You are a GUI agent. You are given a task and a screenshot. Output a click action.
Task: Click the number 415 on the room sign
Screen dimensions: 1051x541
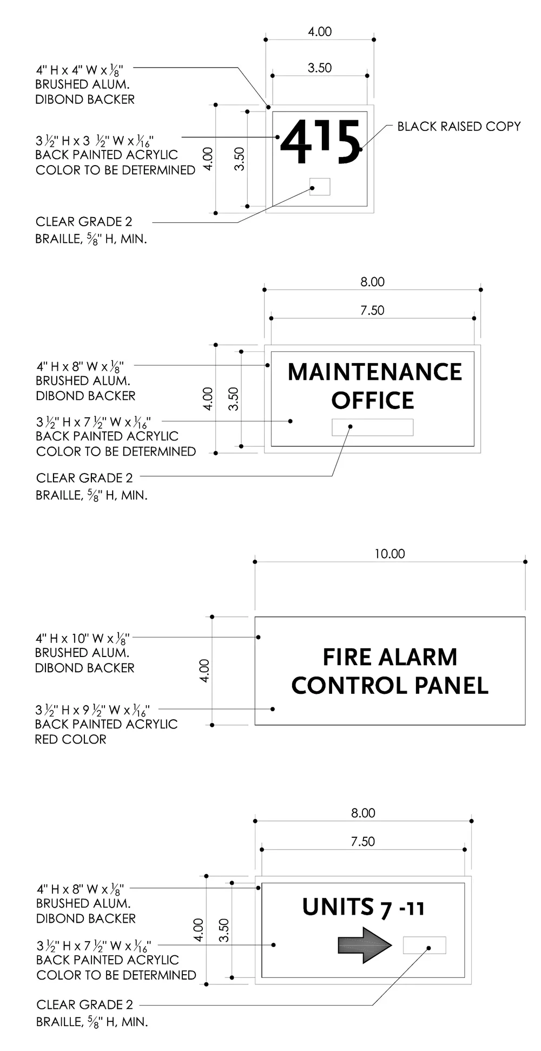(x=320, y=142)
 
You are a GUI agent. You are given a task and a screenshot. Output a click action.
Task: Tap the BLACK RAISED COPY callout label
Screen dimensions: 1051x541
(x=459, y=127)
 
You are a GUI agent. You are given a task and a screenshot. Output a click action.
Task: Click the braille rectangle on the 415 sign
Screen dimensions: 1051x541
(x=320, y=186)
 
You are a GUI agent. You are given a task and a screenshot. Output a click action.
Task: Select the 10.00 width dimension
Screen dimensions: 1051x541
(x=390, y=554)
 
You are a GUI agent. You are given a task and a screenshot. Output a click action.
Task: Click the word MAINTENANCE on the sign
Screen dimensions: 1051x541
(x=374, y=372)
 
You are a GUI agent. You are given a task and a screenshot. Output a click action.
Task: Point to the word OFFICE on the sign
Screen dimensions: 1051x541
(x=373, y=401)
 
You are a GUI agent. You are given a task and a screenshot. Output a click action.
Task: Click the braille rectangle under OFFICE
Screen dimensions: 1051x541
(x=372, y=427)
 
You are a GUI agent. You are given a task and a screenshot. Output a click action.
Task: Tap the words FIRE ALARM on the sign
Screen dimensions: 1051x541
(x=390, y=658)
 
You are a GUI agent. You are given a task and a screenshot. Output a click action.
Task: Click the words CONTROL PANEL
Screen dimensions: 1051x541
(x=390, y=686)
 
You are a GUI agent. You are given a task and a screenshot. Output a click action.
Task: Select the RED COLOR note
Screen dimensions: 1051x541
(x=70, y=739)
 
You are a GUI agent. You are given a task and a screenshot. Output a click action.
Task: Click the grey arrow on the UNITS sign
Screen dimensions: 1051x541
(x=364, y=945)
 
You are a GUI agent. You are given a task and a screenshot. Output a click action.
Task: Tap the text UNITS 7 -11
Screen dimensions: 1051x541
(x=363, y=908)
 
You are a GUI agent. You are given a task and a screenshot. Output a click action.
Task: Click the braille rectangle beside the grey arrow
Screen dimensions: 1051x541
(x=424, y=945)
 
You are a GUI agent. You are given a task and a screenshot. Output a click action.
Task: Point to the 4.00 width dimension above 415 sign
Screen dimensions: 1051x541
(x=320, y=32)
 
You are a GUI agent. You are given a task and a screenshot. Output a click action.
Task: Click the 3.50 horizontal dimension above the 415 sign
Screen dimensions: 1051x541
(x=320, y=68)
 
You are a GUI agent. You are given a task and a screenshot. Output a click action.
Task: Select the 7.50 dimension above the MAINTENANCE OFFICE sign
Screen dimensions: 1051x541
(x=372, y=311)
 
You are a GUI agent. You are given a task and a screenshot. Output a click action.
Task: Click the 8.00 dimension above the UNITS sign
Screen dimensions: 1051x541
(x=363, y=813)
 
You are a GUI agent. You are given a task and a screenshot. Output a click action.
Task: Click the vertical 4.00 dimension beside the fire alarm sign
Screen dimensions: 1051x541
(x=204, y=671)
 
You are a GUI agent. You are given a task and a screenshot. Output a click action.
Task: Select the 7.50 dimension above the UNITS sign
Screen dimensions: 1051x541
(x=362, y=842)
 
